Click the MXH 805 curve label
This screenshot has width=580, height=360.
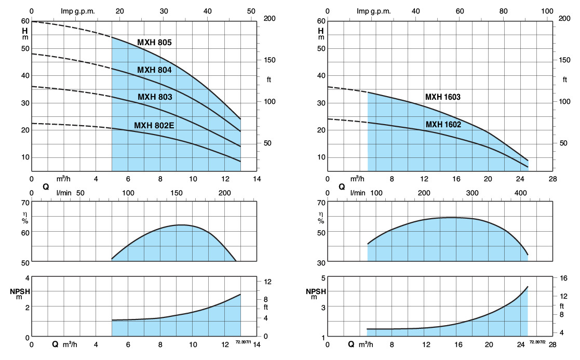(154, 43)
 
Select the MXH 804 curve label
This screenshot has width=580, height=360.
(154, 70)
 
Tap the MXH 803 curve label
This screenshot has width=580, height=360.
(155, 97)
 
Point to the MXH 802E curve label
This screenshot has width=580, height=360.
(154, 125)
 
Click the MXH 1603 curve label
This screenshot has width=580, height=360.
(443, 97)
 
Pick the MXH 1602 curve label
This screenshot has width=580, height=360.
(443, 125)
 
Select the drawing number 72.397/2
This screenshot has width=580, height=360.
(537, 342)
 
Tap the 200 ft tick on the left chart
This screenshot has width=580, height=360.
(269, 19)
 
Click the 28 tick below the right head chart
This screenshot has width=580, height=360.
(552, 179)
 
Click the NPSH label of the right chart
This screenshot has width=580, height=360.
(316, 291)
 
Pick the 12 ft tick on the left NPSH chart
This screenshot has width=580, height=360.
(268, 282)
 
